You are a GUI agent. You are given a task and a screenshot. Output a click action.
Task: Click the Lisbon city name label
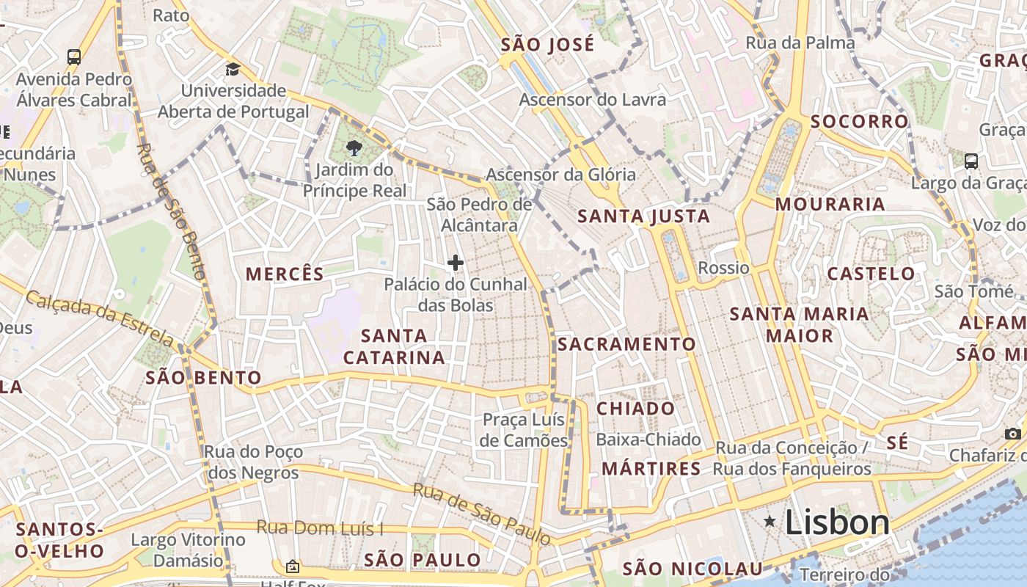[x=837, y=522]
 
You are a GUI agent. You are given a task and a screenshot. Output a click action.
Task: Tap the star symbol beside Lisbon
[x=770, y=522]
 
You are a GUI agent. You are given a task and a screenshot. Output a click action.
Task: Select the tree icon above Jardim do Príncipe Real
[x=354, y=148]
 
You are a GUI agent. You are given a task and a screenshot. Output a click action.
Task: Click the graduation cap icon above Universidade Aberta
[x=233, y=70]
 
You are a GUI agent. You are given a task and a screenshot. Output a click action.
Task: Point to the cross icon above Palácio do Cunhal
[x=455, y=263]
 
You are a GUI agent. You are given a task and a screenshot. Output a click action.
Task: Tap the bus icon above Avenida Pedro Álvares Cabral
[x=73, y=57]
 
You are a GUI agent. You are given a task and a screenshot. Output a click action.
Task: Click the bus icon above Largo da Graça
[x=971, y=161]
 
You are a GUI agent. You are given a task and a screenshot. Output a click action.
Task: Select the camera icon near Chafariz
[x=1013, y=434]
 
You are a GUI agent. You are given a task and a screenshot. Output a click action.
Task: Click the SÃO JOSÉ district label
[x=547, y=45]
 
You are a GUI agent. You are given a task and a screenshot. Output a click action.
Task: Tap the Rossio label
[x=723, y=268]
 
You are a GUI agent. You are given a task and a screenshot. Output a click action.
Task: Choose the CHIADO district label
[x=635, y=409]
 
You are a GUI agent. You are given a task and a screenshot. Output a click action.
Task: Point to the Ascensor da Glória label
[x=560, y=175]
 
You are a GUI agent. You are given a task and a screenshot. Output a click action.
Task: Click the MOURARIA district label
[x=830, y=205]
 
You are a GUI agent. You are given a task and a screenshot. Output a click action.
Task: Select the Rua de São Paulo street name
[x=481, y=513]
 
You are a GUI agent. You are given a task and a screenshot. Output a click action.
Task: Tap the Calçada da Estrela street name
[x=100, y=318]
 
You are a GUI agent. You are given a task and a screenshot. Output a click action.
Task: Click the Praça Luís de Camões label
[x=525, y=430]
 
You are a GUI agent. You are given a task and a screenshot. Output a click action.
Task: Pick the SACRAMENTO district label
[x=626, y=344]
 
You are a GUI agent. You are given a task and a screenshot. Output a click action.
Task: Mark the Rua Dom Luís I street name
[x=320, y=528]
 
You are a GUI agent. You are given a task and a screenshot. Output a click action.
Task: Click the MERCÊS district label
[x=285, y=274]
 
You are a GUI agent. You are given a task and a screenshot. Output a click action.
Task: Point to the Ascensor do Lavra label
[x=593, y=99]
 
